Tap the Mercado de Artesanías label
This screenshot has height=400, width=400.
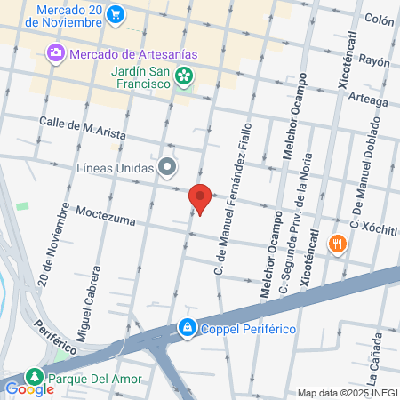click(x=133, y=53)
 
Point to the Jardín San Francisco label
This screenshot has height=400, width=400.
click(x=140, y=76)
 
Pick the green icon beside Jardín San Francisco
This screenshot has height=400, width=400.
click(x=184, y=76)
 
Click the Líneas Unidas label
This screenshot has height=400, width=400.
click(x=116, y=166)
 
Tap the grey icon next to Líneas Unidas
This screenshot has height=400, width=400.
click(x=167, y=166)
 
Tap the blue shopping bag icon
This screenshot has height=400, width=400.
click(x=188, y=328)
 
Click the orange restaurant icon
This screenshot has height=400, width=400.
click(x=337, y=244)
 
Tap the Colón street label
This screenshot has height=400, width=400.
click(x=379, y=19)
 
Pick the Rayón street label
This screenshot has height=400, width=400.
click(x=375, y=62)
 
